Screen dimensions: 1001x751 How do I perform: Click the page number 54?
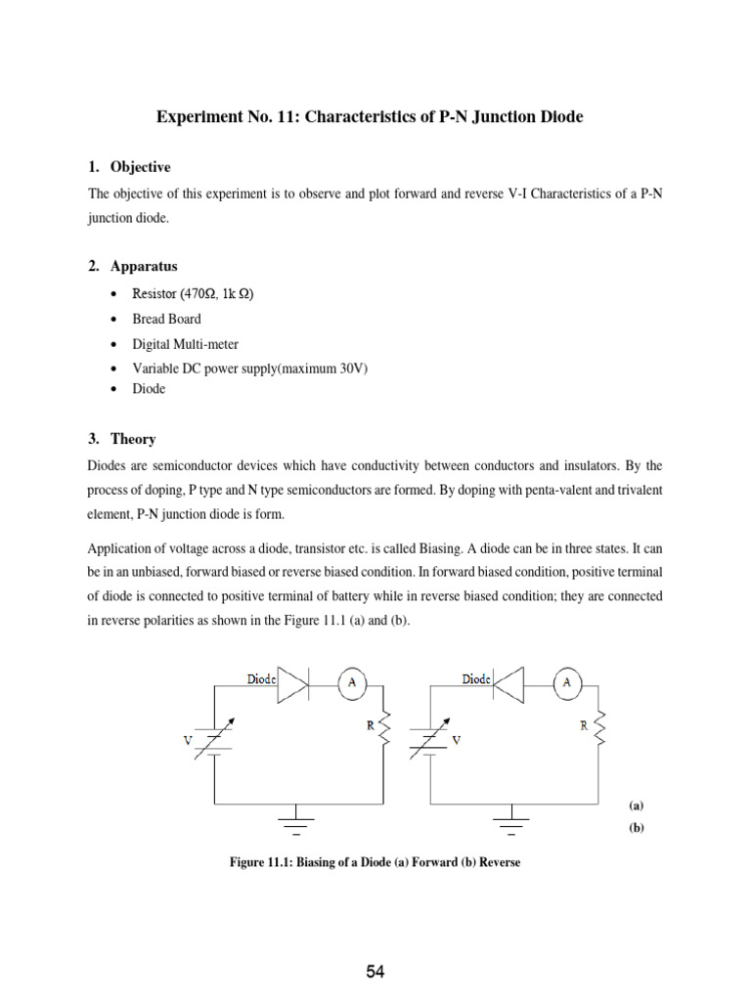pos(375,971)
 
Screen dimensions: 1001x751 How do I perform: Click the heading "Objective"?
pos(139,167)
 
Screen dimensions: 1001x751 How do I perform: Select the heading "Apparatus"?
pos(143,266)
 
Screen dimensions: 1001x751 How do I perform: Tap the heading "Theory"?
pos(133,439)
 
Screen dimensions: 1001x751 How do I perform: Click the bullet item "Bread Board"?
pos(166,319)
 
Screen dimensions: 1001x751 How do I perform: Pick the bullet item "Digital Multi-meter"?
pos(185,343)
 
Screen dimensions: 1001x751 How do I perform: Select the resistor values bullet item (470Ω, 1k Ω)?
pos(193,294)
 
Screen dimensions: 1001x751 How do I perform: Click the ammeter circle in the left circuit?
pos(354,684)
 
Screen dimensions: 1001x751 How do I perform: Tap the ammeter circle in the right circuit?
pos(566,684)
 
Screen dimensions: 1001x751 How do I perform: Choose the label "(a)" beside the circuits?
pos(635,806)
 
